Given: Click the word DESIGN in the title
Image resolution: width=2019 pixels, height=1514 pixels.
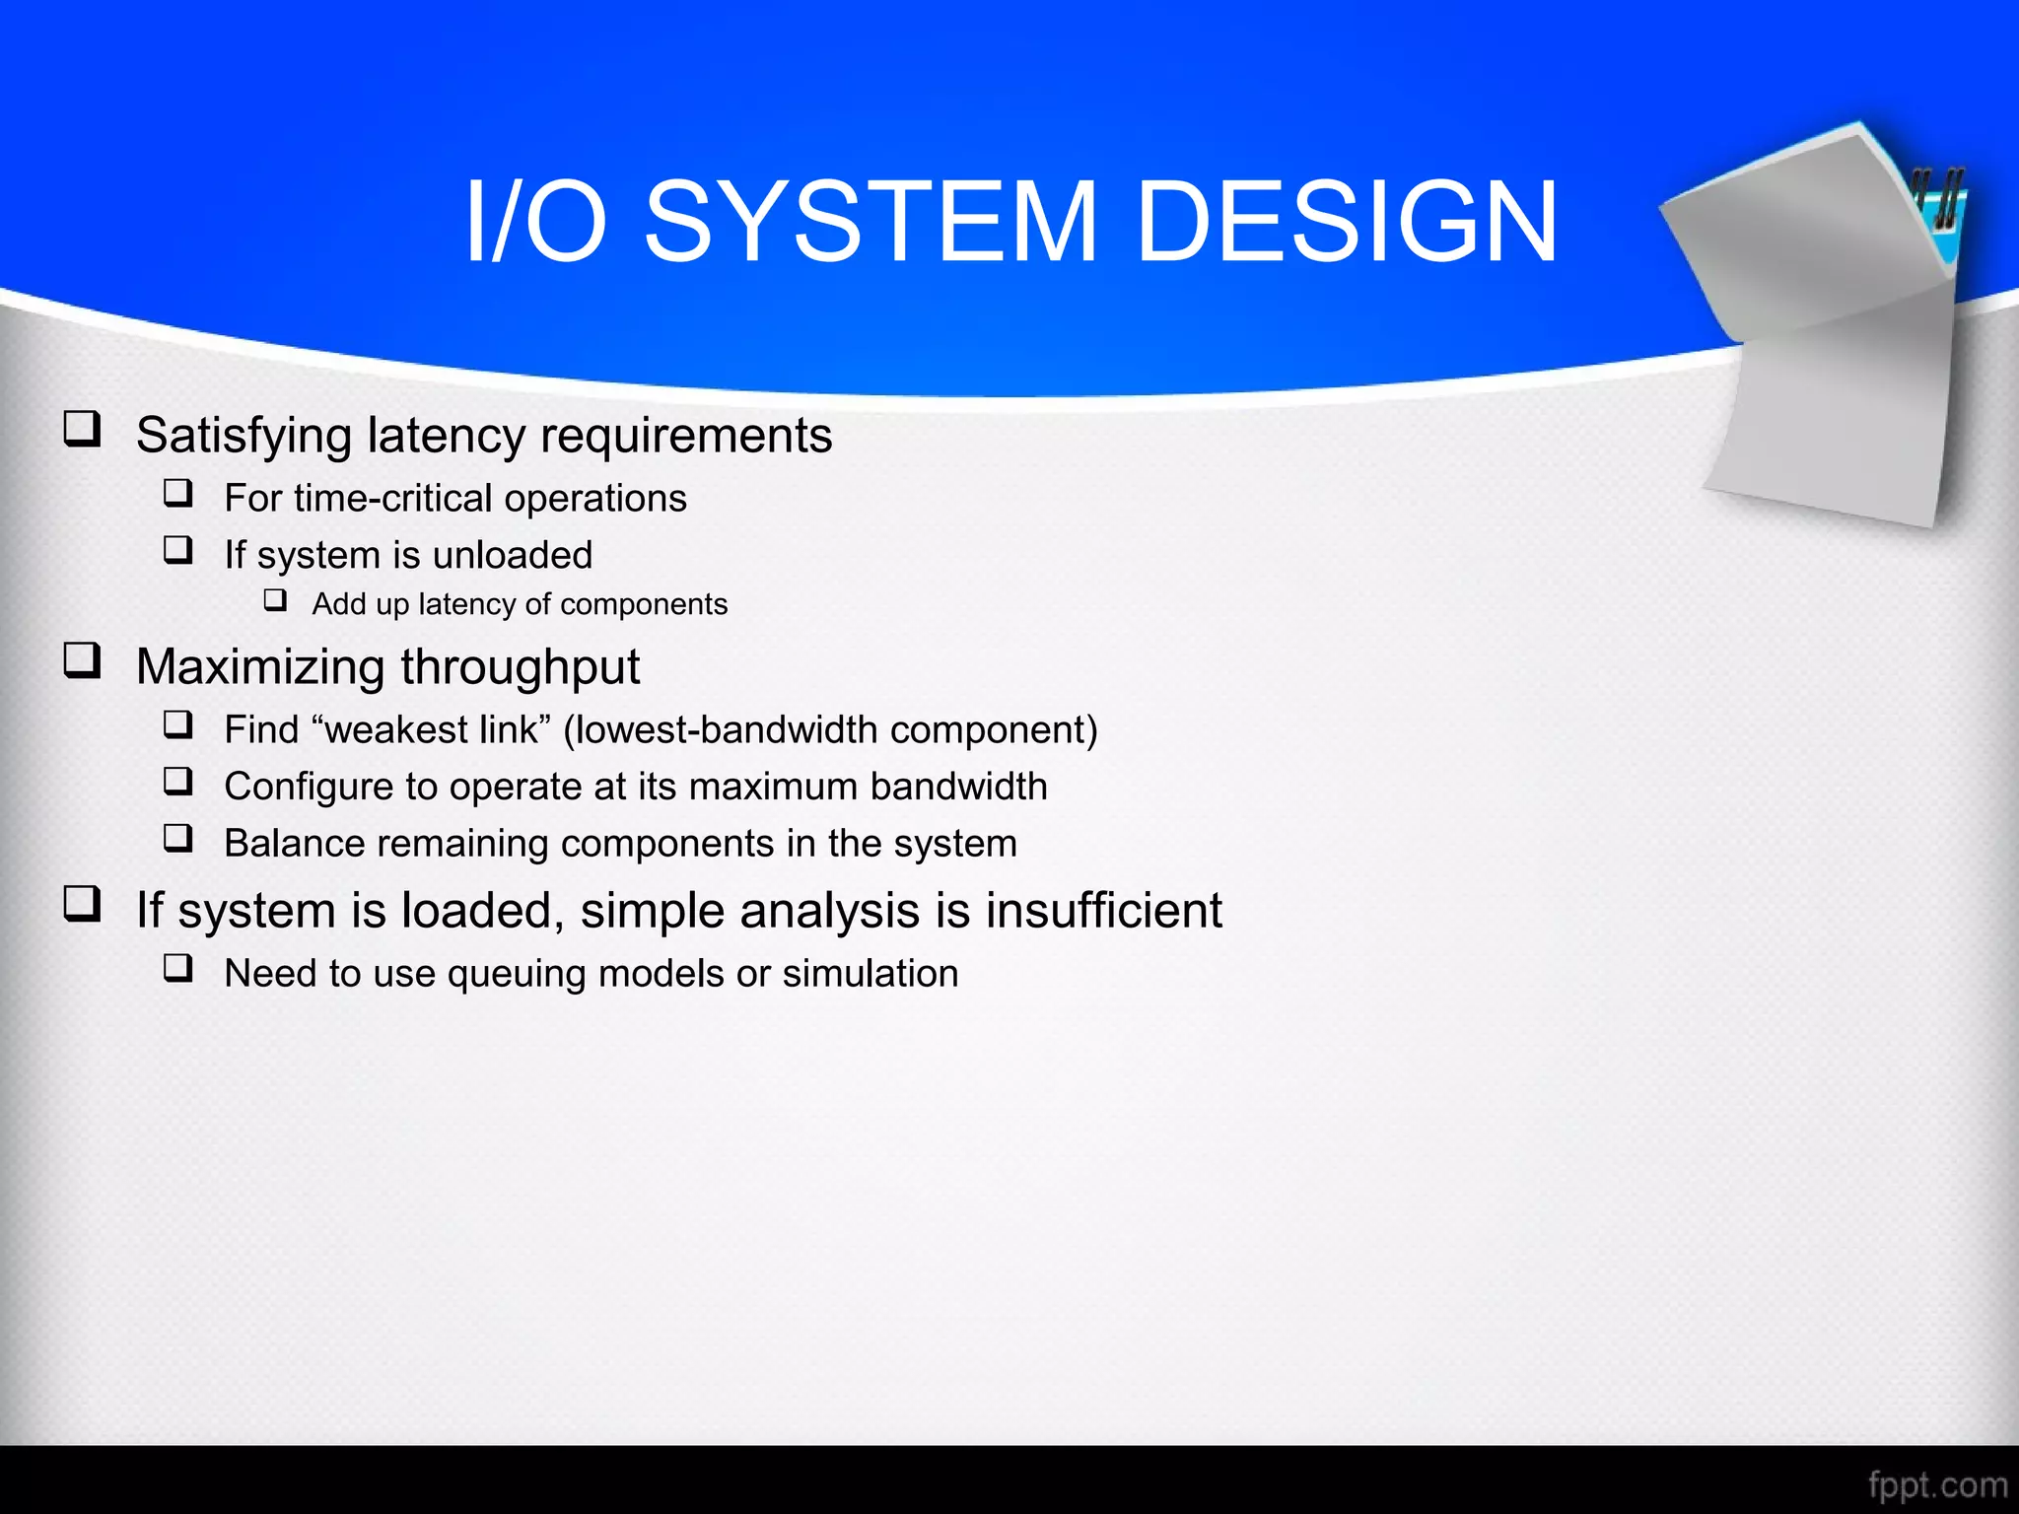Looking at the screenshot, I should click(1347, 223).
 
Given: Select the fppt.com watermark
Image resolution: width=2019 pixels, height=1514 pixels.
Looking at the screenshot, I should click(1937, 1483).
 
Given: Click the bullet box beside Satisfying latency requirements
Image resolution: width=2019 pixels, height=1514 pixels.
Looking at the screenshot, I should click(83, 429).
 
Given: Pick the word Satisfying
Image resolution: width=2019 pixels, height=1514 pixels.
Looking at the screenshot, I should click(244, 436).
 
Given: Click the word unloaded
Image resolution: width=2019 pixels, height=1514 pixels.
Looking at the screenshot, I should click(512, 555).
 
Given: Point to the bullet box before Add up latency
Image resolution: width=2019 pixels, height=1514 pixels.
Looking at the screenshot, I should click(275, 600).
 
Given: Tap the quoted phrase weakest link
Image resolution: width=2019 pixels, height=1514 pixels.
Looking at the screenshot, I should click(431, 729).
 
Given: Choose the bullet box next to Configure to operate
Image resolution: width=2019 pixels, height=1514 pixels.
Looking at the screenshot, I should click(178, 782).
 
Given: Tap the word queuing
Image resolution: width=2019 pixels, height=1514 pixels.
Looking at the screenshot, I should click(517, 974).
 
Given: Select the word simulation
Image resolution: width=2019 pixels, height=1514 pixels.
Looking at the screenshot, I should click(870, 974).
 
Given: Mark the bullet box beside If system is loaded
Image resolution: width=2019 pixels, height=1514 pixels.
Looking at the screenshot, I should click(83, 903).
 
